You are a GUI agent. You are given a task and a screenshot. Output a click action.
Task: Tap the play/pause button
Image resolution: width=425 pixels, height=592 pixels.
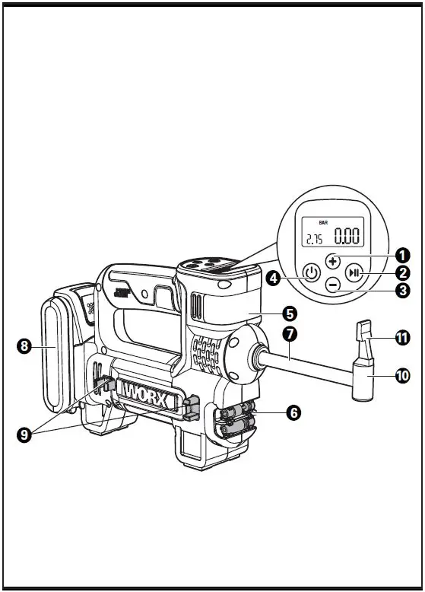coord(354,273)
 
